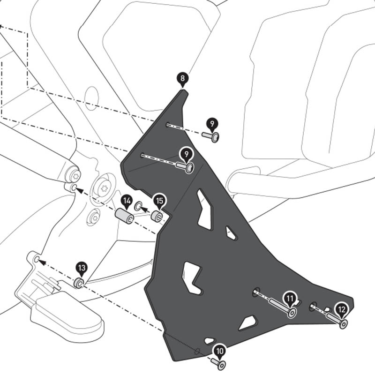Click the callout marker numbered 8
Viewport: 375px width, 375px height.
pos(182,78)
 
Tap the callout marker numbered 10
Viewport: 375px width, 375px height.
pos(219,350)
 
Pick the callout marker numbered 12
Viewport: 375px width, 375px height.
pos(342,309)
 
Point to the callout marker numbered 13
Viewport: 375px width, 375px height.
pos(82,268)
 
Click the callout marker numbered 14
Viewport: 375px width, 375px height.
pos(126,202)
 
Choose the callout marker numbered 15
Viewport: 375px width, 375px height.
pos(159,201)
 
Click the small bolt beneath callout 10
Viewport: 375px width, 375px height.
pos(219,364)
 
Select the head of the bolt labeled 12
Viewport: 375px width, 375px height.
pos(344,324)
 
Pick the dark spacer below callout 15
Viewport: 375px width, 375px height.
pos(157,217)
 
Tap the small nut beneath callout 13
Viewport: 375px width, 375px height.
pos(79,283)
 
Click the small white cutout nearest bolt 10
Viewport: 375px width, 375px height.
pos(209,341)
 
